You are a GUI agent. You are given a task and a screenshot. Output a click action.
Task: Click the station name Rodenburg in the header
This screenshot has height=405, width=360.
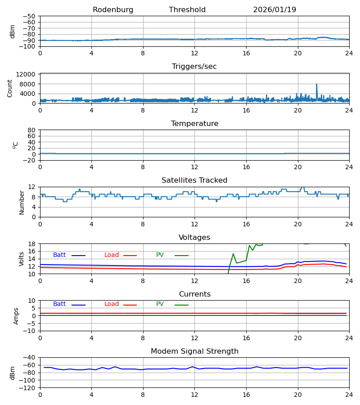[x=113, y=10]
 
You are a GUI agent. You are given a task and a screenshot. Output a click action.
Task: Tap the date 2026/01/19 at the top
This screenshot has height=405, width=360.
[x=274, y=10]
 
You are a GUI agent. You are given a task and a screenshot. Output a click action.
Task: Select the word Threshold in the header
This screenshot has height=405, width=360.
[x=187, y=10]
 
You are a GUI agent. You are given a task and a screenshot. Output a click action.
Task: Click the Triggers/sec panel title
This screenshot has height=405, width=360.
[x=194, y=67]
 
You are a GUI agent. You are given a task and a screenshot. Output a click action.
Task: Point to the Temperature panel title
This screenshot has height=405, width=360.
[x=194, y=124]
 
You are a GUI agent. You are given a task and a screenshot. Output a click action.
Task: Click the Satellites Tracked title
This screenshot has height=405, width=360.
[x=194, y=180]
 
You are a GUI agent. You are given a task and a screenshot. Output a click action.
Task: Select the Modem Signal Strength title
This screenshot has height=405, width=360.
[x=194, y=351]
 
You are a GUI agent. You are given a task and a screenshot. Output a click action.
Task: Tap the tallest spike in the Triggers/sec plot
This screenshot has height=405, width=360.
[x=316, y=84]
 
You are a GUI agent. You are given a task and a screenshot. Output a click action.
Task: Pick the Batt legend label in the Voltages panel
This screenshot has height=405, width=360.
[x=59, y=255]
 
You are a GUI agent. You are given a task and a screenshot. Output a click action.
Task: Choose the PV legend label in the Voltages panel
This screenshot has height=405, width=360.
[x=160, y=255]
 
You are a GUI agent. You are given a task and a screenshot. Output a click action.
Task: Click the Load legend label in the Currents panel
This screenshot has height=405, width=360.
[x=112, y=304]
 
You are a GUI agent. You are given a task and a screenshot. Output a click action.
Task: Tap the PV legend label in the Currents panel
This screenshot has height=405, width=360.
[x=160, y=304]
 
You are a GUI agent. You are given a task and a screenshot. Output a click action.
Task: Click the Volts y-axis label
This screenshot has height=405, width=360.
[x=22, y=259]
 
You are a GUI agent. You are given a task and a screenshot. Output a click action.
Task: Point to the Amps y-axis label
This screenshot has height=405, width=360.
[x=16, y=316]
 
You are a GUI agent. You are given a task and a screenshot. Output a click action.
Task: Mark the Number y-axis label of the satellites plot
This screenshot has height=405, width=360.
[x=22, y=202]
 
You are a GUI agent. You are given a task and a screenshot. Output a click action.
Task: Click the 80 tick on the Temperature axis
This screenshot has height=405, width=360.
[x=32, y=130]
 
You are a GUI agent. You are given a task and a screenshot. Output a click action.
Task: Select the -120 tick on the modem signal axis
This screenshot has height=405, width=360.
[x=28, y=387]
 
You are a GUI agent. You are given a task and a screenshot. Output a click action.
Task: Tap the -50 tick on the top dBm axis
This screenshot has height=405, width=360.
[x=30, y=16]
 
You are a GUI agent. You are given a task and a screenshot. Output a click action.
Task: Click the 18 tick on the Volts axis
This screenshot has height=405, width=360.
[x=32, y=244]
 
